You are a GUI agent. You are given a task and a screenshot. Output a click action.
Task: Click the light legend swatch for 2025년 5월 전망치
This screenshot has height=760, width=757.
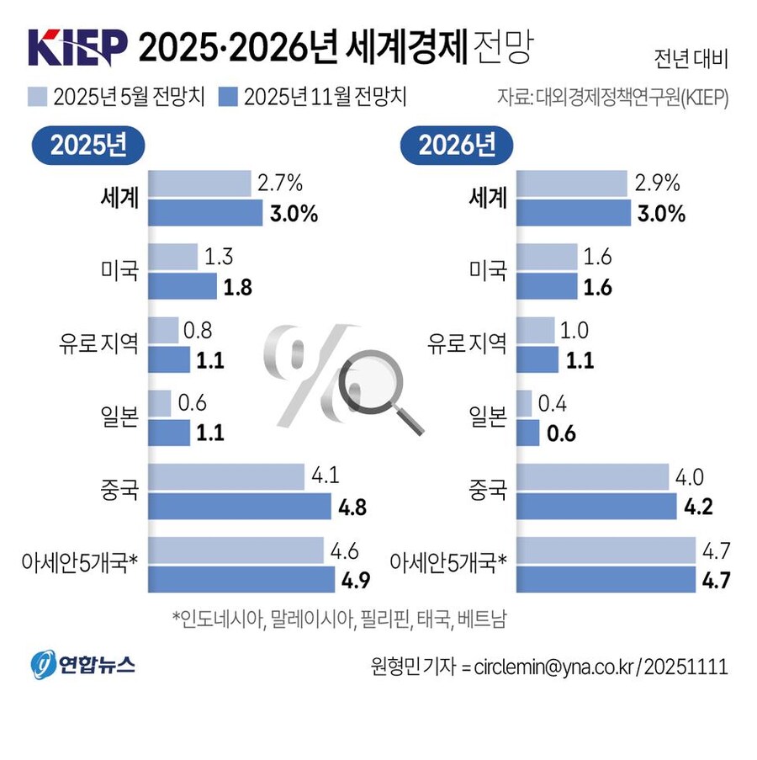click(39, 95)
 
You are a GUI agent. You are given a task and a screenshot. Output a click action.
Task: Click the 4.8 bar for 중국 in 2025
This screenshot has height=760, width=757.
click(240, 507)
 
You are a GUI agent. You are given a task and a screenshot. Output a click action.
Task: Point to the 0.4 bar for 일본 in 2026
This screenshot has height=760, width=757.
click(524, 403)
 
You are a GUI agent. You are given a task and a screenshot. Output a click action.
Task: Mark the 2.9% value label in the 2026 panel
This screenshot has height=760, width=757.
click(656, 183)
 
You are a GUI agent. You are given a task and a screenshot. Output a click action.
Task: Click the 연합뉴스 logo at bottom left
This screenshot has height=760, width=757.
click(84, 665)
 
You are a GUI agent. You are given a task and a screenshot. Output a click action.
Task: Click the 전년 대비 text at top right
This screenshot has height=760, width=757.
click(690, 60)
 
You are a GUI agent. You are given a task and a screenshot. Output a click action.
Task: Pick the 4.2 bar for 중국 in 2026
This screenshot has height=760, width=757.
click(596, 507)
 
